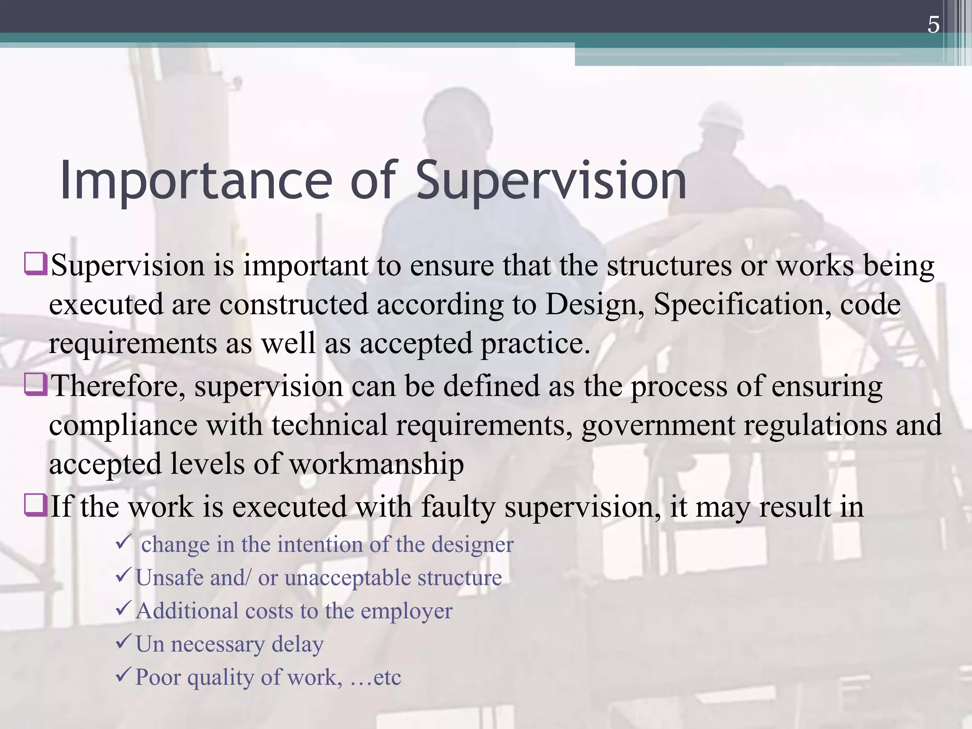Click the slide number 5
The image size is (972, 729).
coord(933,25)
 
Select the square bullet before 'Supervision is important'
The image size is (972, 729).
coord(36,264)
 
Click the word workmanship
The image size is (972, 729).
coord(376,464)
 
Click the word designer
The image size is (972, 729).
coord(472,545)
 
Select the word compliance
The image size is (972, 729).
coord(123,426)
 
